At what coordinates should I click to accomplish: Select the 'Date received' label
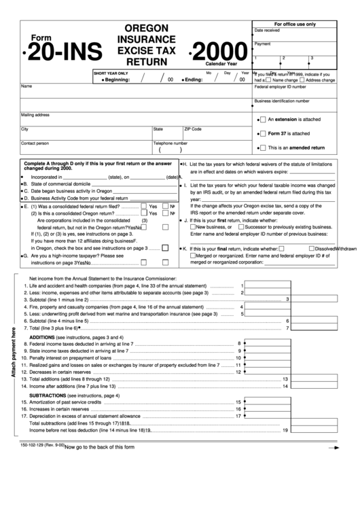coord(266,31)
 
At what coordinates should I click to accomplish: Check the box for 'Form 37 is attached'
coord(262,133)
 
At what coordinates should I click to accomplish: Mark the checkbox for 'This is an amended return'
coord(262,147)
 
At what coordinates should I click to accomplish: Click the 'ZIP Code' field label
coord(193,128)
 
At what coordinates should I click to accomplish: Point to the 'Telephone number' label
coord(170,143)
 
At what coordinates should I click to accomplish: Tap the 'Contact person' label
coord(35,143)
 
